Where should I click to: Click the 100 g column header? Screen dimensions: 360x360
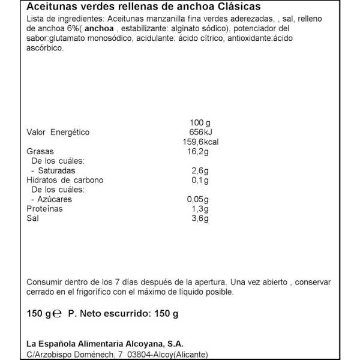[197, 122]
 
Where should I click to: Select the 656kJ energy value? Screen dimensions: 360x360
[200, 132]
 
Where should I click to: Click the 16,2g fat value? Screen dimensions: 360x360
[198, 151]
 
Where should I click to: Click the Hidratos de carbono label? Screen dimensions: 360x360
[65, 180]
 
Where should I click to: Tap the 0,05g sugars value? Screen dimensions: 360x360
[198, 199]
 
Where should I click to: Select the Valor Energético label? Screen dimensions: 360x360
[58, 132]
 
